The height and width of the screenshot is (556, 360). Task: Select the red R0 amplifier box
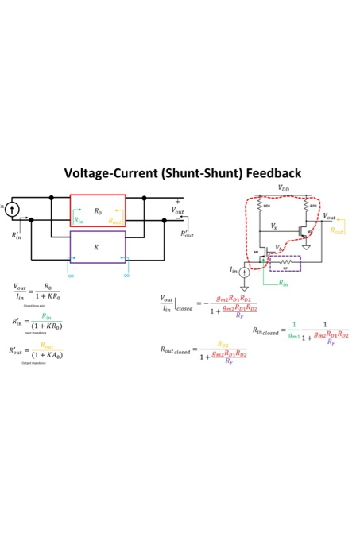click(98, 211)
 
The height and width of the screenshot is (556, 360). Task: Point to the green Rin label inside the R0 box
click(78, 220)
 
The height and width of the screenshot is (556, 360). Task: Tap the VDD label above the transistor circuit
click(284, 188)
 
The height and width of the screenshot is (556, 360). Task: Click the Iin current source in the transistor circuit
click(246, 272)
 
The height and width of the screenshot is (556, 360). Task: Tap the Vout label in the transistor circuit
click(329, 217)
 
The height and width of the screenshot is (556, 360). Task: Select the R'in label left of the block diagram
click(17, 235)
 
